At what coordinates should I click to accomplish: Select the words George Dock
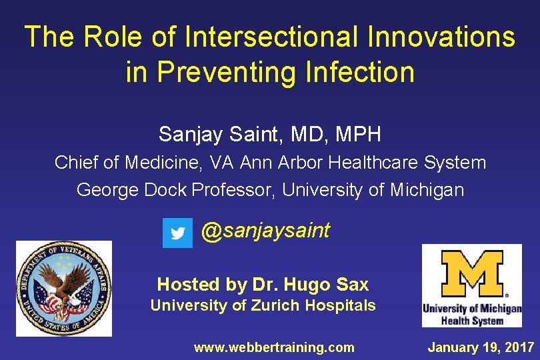tap(132, 190)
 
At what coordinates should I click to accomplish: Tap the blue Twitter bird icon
tap(177, 233)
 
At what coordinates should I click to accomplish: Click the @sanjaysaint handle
tap(265, 231)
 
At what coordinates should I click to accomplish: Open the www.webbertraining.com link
tap(273, 347)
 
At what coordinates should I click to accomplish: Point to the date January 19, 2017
tap(481, 347)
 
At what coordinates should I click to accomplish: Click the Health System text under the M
tap(472, 321)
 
